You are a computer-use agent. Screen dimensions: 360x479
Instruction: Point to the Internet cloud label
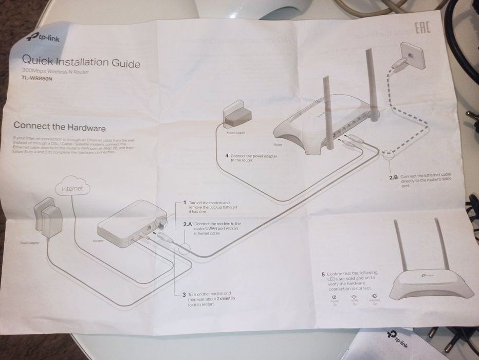(x=72, y=189)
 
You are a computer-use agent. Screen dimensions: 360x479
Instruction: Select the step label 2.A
(x=187, y=224)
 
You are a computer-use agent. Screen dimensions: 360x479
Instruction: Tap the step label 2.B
(x=394, y=177)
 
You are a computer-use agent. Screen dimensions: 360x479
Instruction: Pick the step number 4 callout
(x=226, y=155)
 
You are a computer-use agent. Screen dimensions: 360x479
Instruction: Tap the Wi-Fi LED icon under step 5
(x=354, y=297)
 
